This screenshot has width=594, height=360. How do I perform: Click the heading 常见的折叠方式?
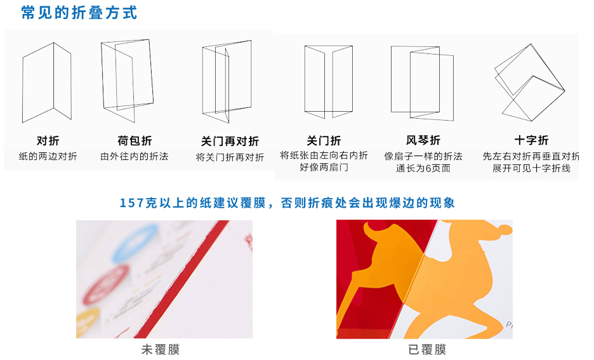pyautogui.click(x=79, y=13)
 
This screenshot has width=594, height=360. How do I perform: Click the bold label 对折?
pyautogui.click(x=48, y=141)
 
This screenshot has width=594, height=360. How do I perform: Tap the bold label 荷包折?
pyautogui.click(x=135, y=141)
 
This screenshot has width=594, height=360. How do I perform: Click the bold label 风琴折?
pyautogui.click(x=423, y=140)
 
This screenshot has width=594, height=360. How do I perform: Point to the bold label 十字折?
pyautogui.click(x=531, y=140)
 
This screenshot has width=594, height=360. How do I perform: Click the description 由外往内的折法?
pyautogui.click(x=135, y=156)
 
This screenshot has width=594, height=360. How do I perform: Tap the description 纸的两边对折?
pyautogui.click(x=48, y=156)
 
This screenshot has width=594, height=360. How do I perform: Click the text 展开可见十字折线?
pyautogui.click(x=531, y=168)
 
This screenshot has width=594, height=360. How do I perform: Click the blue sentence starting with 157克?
pyautogui.click(x=287, y=203)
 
